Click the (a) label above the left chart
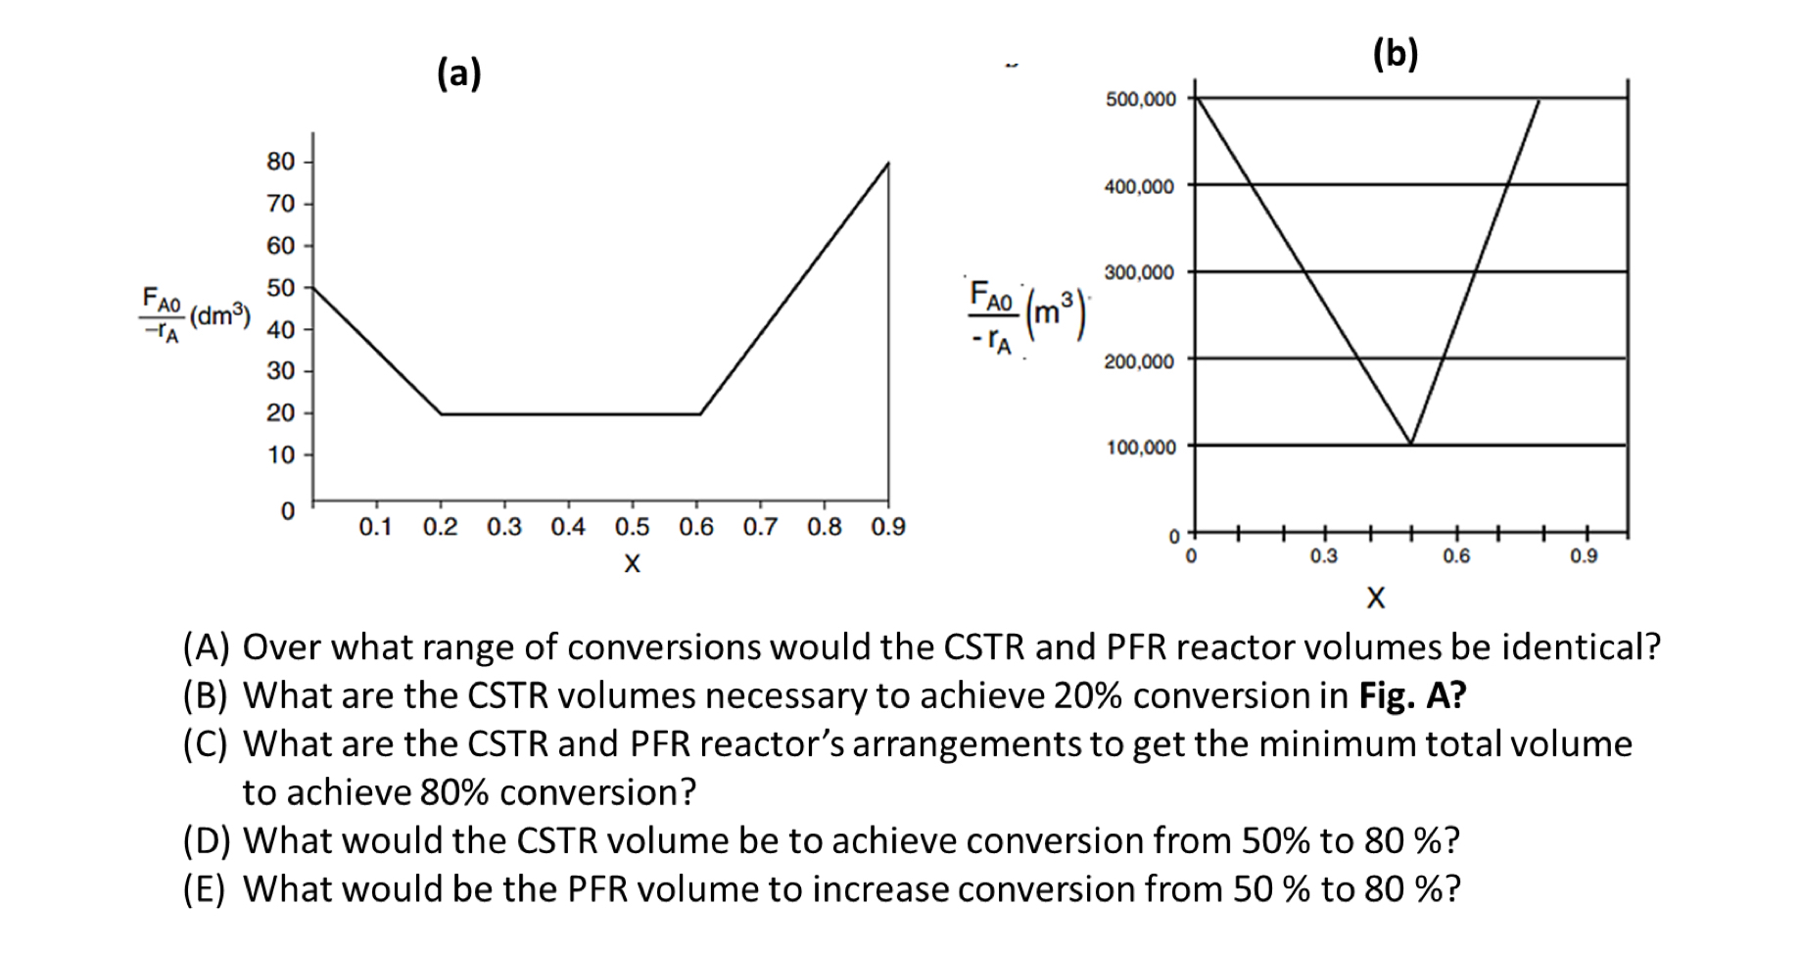[x=459, y=73]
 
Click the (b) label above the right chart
[x=1396, y=53]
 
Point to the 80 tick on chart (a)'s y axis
[x=281, y=162]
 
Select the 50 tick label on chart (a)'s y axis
[x=281, y=288]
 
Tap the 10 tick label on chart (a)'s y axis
[x=281, y=455]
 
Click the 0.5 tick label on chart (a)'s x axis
[x=632, y=527]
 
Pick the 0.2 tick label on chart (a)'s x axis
[x=440, y=527]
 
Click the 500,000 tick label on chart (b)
[x=1140, y=100]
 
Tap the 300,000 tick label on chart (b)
[x=1140, y=273]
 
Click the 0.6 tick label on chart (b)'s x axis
[x=1455, y=556]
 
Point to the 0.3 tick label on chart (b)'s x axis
[x=1323, y=556]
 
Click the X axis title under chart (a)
[x=633, y=564]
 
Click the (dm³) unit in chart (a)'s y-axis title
[x=220, y=316]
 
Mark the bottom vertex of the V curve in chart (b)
[x=1410, y=444]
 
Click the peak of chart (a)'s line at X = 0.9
[x=888, y=163]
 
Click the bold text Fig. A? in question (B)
[x=1412, y=695]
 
